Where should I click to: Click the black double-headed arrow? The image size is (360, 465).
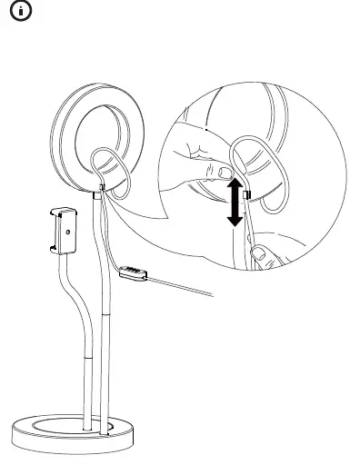[234, 202]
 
